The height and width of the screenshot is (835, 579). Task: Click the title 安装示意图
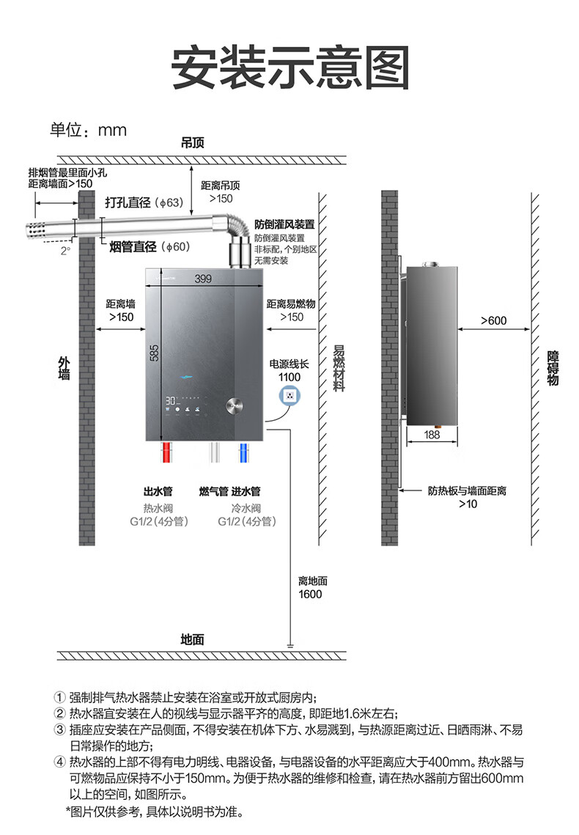coord(289,69)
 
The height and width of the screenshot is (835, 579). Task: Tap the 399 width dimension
coord(204,279)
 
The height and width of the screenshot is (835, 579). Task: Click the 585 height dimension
coord(154,352)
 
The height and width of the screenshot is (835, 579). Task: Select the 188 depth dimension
coord(432,435)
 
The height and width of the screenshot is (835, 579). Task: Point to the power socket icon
coord(291,396)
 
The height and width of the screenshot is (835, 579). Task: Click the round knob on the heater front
coord(236,405)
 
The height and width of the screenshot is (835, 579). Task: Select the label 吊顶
coord(192,144)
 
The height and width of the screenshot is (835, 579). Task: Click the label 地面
coord(192,639)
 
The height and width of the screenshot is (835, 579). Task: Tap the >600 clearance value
coord(493,320)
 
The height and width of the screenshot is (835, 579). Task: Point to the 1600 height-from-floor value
coord(310,594)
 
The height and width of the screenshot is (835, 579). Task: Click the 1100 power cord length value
coord(289,377)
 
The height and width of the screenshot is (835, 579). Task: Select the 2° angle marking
coord(65,250)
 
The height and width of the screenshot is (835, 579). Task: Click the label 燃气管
coord(213,491)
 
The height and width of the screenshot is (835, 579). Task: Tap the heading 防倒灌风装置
coord(285,224)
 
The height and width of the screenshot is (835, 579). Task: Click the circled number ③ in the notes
coord(60,729)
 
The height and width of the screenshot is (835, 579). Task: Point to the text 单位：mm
coord(88,130)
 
